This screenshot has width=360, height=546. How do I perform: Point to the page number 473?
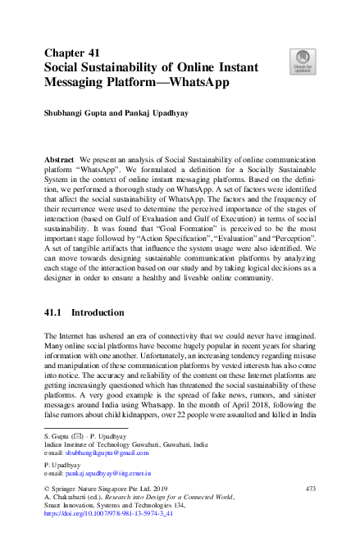310,489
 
